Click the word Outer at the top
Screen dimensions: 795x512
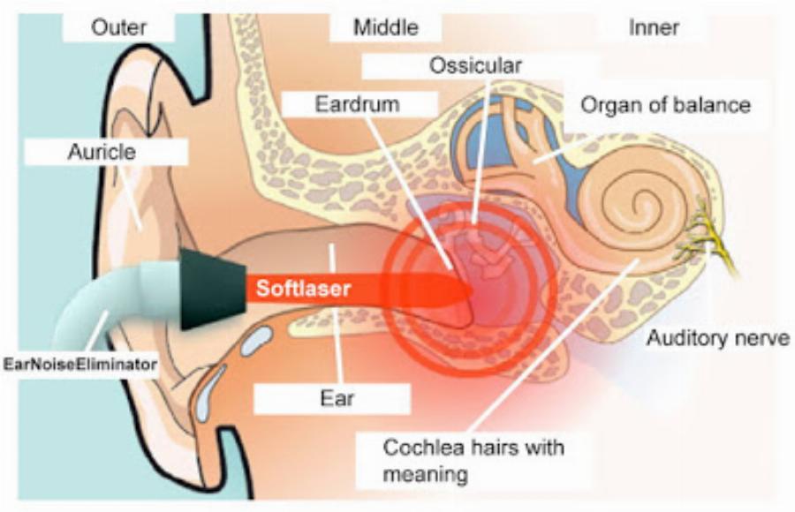coord(119,27)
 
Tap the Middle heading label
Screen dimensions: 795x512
coord(386,27)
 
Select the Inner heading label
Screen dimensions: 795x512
coord(654,27)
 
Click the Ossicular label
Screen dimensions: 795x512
coord(475,65)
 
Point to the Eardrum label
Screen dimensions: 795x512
coord(358,104)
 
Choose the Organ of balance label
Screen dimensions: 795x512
coord(665,105)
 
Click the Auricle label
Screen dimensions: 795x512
coord(102,152)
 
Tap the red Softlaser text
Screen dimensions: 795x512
coord(303,289)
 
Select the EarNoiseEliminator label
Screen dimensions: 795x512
coord(80,364)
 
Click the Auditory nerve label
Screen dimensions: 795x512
coord(718,338)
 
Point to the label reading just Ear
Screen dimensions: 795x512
coord(337,398)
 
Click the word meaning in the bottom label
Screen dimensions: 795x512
coord(425,475)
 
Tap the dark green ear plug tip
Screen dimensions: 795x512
coord(213,289)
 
